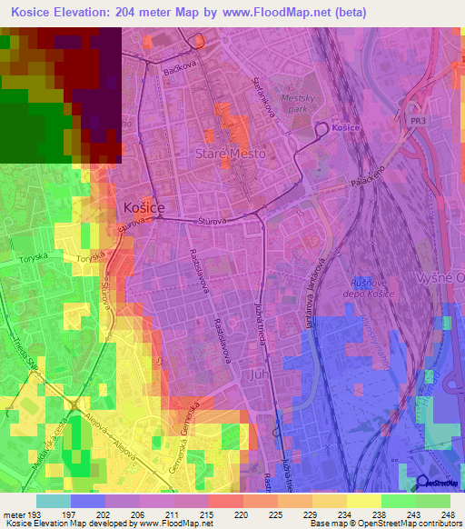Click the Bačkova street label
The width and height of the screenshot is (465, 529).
180,68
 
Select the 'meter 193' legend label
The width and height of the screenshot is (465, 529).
20,515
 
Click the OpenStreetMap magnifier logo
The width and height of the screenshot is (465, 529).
424,483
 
